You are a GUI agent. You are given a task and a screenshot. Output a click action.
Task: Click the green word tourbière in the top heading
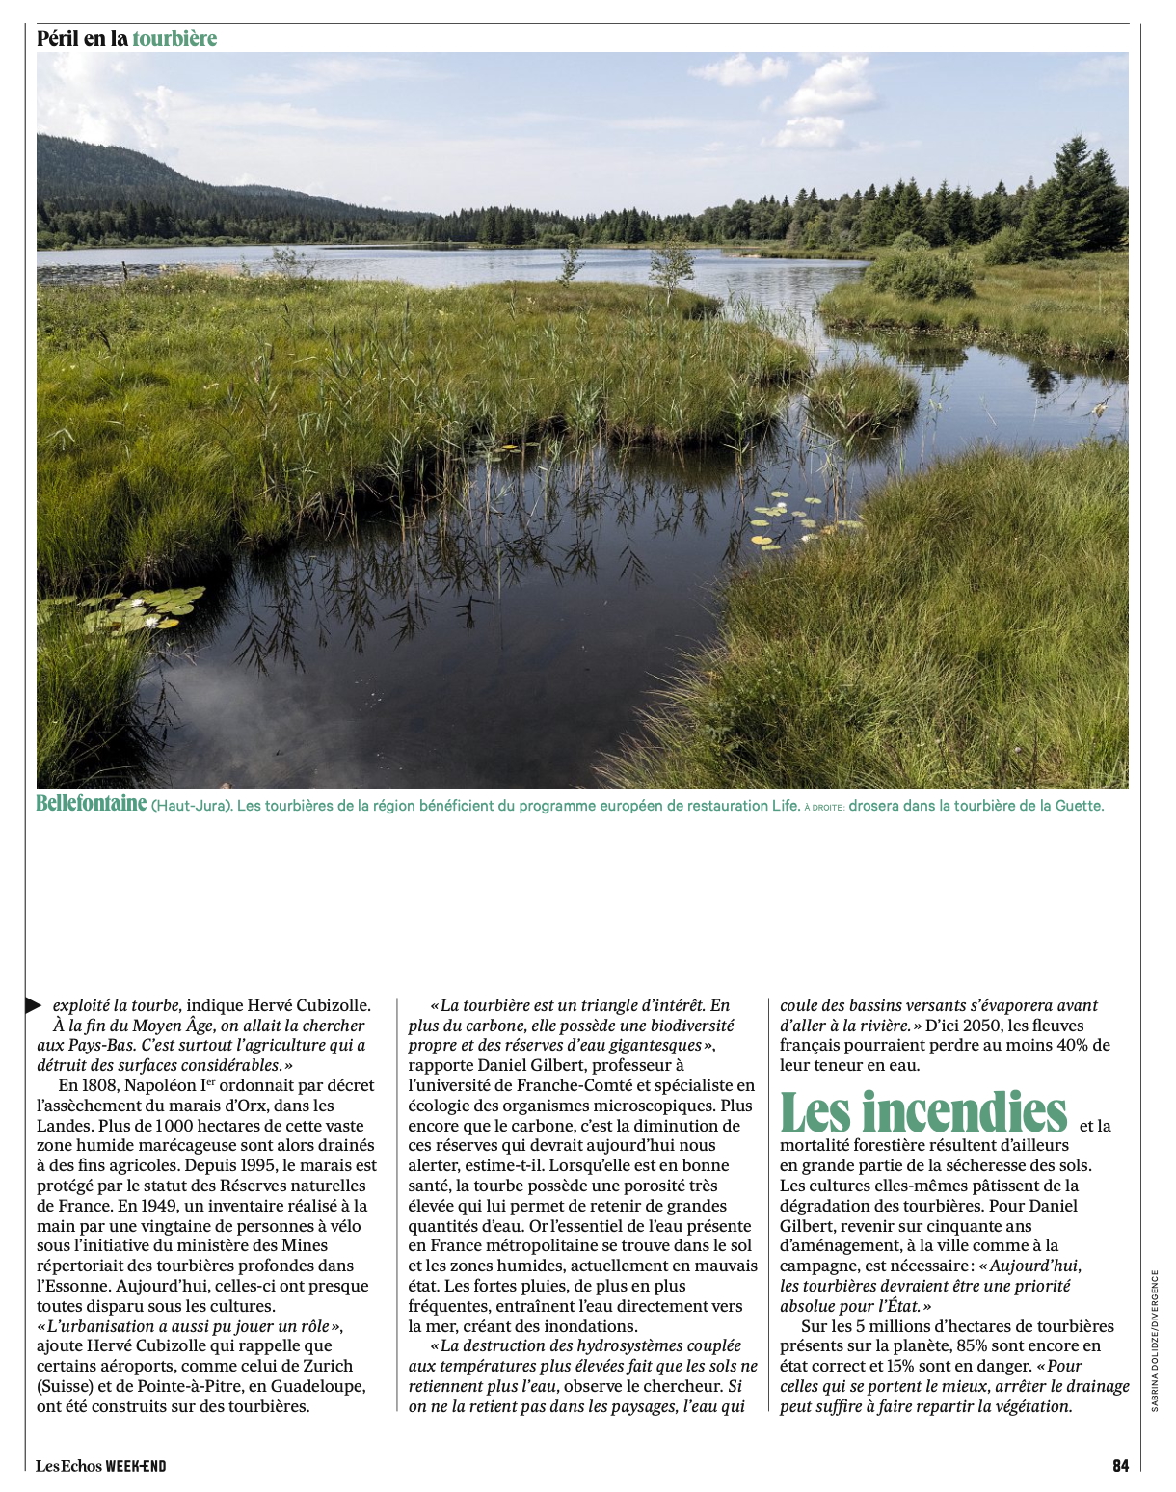pyautogui.click(x=174, y=39)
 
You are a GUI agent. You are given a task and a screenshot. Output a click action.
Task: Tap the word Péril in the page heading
pyautogui.click(x=58, y=39)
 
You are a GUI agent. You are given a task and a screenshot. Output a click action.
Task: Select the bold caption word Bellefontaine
pyautogui.click(x=92, y=804)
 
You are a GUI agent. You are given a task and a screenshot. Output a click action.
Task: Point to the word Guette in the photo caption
pyautogui.click(x=1081, y=806)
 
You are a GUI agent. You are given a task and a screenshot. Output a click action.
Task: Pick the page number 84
pyautogui.click(x=1120, y=1466)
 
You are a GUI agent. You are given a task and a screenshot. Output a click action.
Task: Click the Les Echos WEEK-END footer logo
pyautogui.click(x=101, y=1466)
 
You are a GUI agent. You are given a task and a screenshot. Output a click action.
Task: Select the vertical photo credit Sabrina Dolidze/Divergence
pyautogui.click(x=1155, y=1340)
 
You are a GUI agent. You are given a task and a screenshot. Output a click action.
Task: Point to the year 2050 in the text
pyautogui.click(x=997, y=1026)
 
